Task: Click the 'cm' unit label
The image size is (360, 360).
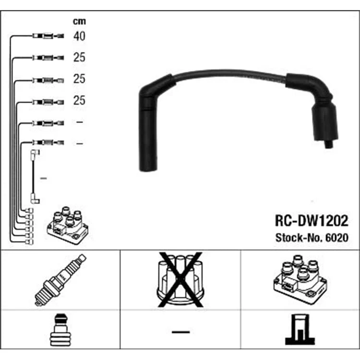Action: (79, 21)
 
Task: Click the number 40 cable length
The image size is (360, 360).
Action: (79, 36)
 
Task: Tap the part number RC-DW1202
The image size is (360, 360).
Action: (312, 221)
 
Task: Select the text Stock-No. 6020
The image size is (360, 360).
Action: (312, 238)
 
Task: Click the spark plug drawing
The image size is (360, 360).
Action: (60, 280)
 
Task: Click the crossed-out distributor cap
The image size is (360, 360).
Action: (180, 280)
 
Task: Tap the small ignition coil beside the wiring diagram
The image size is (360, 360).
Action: (68, 225)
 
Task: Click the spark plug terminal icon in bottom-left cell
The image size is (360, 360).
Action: (60, 330)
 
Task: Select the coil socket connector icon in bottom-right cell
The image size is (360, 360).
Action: (300, 330)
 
